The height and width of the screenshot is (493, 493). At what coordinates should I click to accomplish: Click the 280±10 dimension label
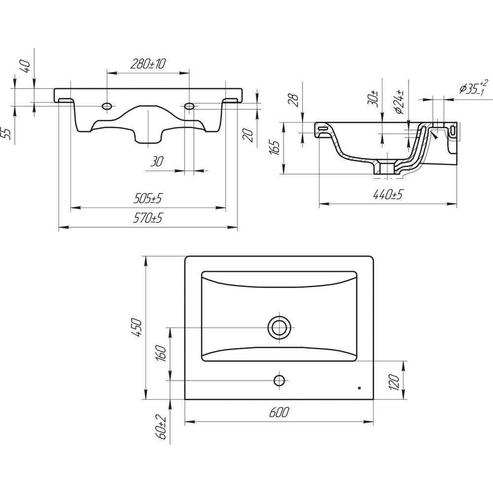coord(148,64)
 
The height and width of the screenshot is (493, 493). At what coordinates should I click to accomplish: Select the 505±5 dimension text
coord(148,199)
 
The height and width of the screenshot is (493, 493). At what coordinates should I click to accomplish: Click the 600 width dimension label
coord(280,412)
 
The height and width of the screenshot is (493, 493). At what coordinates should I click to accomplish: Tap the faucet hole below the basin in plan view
coord(280,380)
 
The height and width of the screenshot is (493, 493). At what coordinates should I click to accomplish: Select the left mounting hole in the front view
coord(107,106)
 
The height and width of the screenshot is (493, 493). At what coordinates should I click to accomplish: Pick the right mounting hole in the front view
coord(189,106)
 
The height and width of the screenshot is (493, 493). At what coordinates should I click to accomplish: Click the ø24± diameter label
coord(402,103)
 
